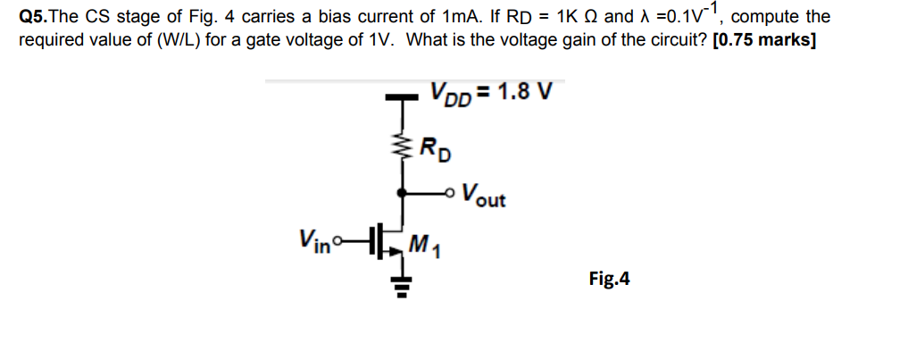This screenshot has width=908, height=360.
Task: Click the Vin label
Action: point(312,240)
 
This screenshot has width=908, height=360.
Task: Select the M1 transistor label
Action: point(426,242)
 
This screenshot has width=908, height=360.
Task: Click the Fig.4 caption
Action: point(610,280)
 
